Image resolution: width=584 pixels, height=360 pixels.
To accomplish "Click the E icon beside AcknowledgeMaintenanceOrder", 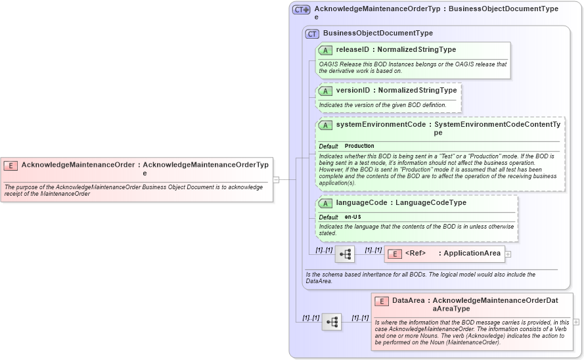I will (11, 166).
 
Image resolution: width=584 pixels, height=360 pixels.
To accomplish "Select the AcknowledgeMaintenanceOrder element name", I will (78, 165).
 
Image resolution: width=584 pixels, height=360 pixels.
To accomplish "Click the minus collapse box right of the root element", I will (276, 179).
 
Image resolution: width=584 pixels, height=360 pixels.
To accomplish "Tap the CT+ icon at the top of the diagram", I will (302, 9).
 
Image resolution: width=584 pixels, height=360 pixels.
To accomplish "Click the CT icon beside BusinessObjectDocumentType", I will (312, 34).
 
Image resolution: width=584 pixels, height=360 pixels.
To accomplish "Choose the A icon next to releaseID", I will (325, 50).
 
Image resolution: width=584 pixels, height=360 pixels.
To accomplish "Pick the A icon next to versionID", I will (325, 91).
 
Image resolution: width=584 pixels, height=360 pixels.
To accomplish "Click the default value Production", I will (359, 146).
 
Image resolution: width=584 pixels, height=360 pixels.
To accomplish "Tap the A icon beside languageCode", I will (325, 203).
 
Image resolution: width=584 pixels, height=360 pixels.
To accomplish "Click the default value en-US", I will (353, 217).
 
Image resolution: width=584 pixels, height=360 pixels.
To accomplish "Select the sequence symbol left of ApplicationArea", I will (345, 254).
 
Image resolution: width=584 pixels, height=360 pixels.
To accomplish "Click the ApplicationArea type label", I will (472, 254).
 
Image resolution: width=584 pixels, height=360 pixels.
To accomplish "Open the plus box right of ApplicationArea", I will (508, 254).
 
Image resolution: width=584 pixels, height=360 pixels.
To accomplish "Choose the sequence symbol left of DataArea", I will (332, 322).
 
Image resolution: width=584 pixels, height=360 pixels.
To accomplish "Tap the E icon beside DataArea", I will (382, 301).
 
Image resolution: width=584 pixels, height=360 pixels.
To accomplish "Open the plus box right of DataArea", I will (576, 322).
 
